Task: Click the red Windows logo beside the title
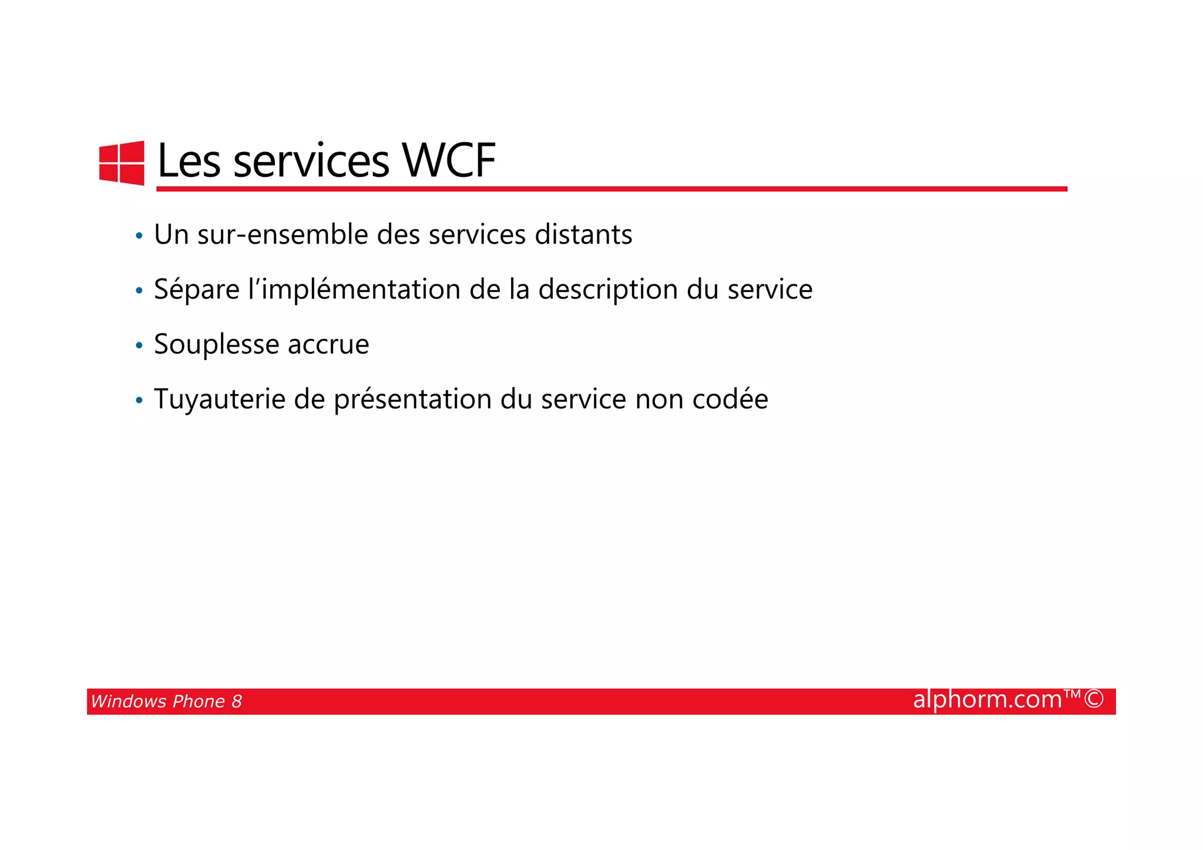click(122, 163)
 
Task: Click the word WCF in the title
click(449, 160)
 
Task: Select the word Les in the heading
click(189, 160)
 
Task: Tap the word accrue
click(328, 345)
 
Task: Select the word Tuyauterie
click(220, 399)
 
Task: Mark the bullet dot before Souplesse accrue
click(139, 346)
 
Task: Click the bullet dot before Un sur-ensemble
click(139, 236)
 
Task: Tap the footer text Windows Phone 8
click(166, 701)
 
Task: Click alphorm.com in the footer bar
click(987, 700)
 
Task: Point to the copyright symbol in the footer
click(1094, 699)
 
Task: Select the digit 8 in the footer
click(237, 701)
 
